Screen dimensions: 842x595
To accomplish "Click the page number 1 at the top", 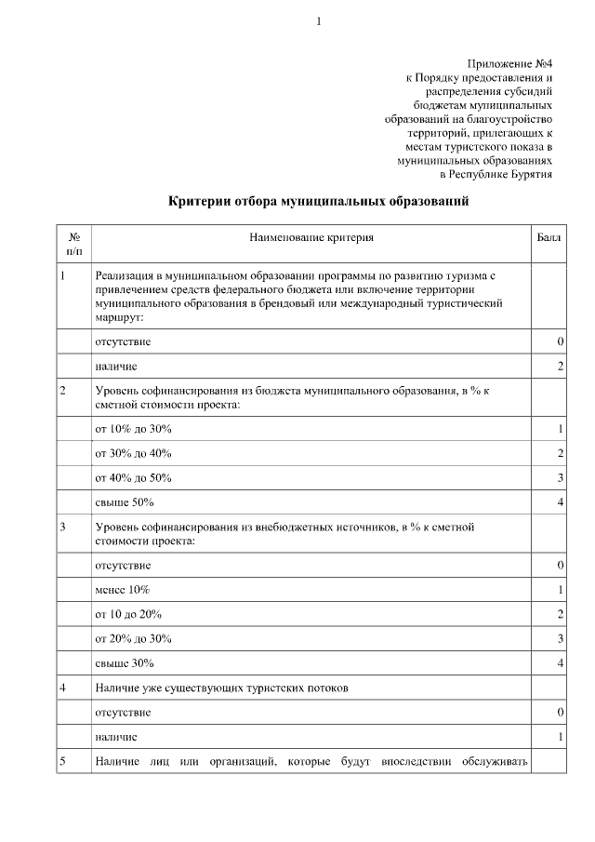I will coord(317,21).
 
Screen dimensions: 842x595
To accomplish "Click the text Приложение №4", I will coord(514,63).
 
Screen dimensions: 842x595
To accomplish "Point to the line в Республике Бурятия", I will coord(496,174).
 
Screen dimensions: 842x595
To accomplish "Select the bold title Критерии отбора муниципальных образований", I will coord(312,201).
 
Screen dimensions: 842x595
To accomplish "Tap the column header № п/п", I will coord(74,245).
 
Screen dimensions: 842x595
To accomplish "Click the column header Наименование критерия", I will coord(311,238).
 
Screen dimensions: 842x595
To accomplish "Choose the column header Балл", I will coord(549,238).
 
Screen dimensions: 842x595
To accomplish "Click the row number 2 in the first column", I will coord(62,392).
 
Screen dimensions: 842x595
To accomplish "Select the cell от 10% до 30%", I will coord(134,429).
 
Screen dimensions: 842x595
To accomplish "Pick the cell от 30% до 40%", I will coord(134,453).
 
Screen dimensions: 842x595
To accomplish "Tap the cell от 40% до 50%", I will coord(134,477).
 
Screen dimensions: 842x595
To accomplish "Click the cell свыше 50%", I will coord(125,502).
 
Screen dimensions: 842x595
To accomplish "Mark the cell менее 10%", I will coord(123,590).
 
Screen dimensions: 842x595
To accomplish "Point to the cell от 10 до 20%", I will coord(129,614).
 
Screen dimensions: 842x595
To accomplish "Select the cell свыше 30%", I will coord(125,663).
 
